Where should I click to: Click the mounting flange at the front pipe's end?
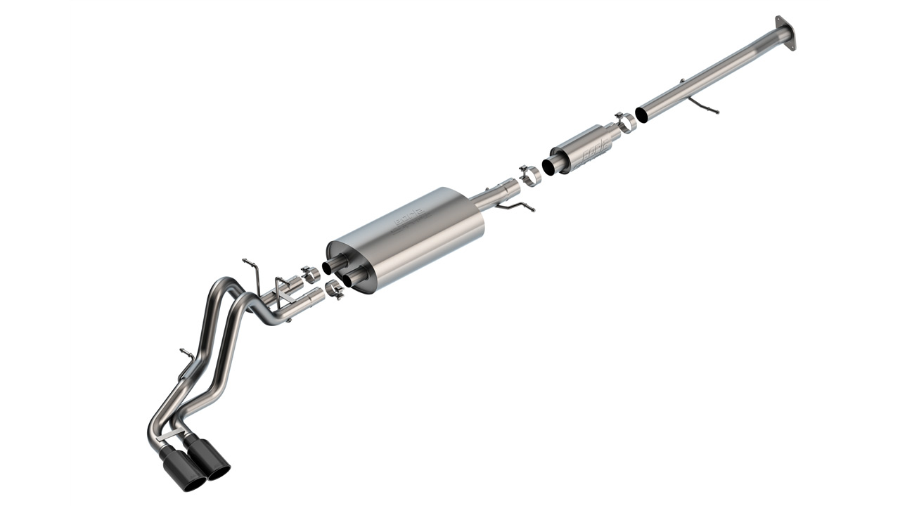click(785, 32)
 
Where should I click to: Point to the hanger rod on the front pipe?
click(704, 105)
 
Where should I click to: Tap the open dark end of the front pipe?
click(641, 115)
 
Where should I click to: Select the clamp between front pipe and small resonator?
click(624, 122)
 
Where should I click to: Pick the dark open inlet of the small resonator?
click(548, 167)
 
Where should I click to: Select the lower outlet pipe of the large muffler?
click(349, 280)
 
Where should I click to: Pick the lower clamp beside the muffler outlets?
click(335, 289)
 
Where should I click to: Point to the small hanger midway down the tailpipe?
click(187, 355)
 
